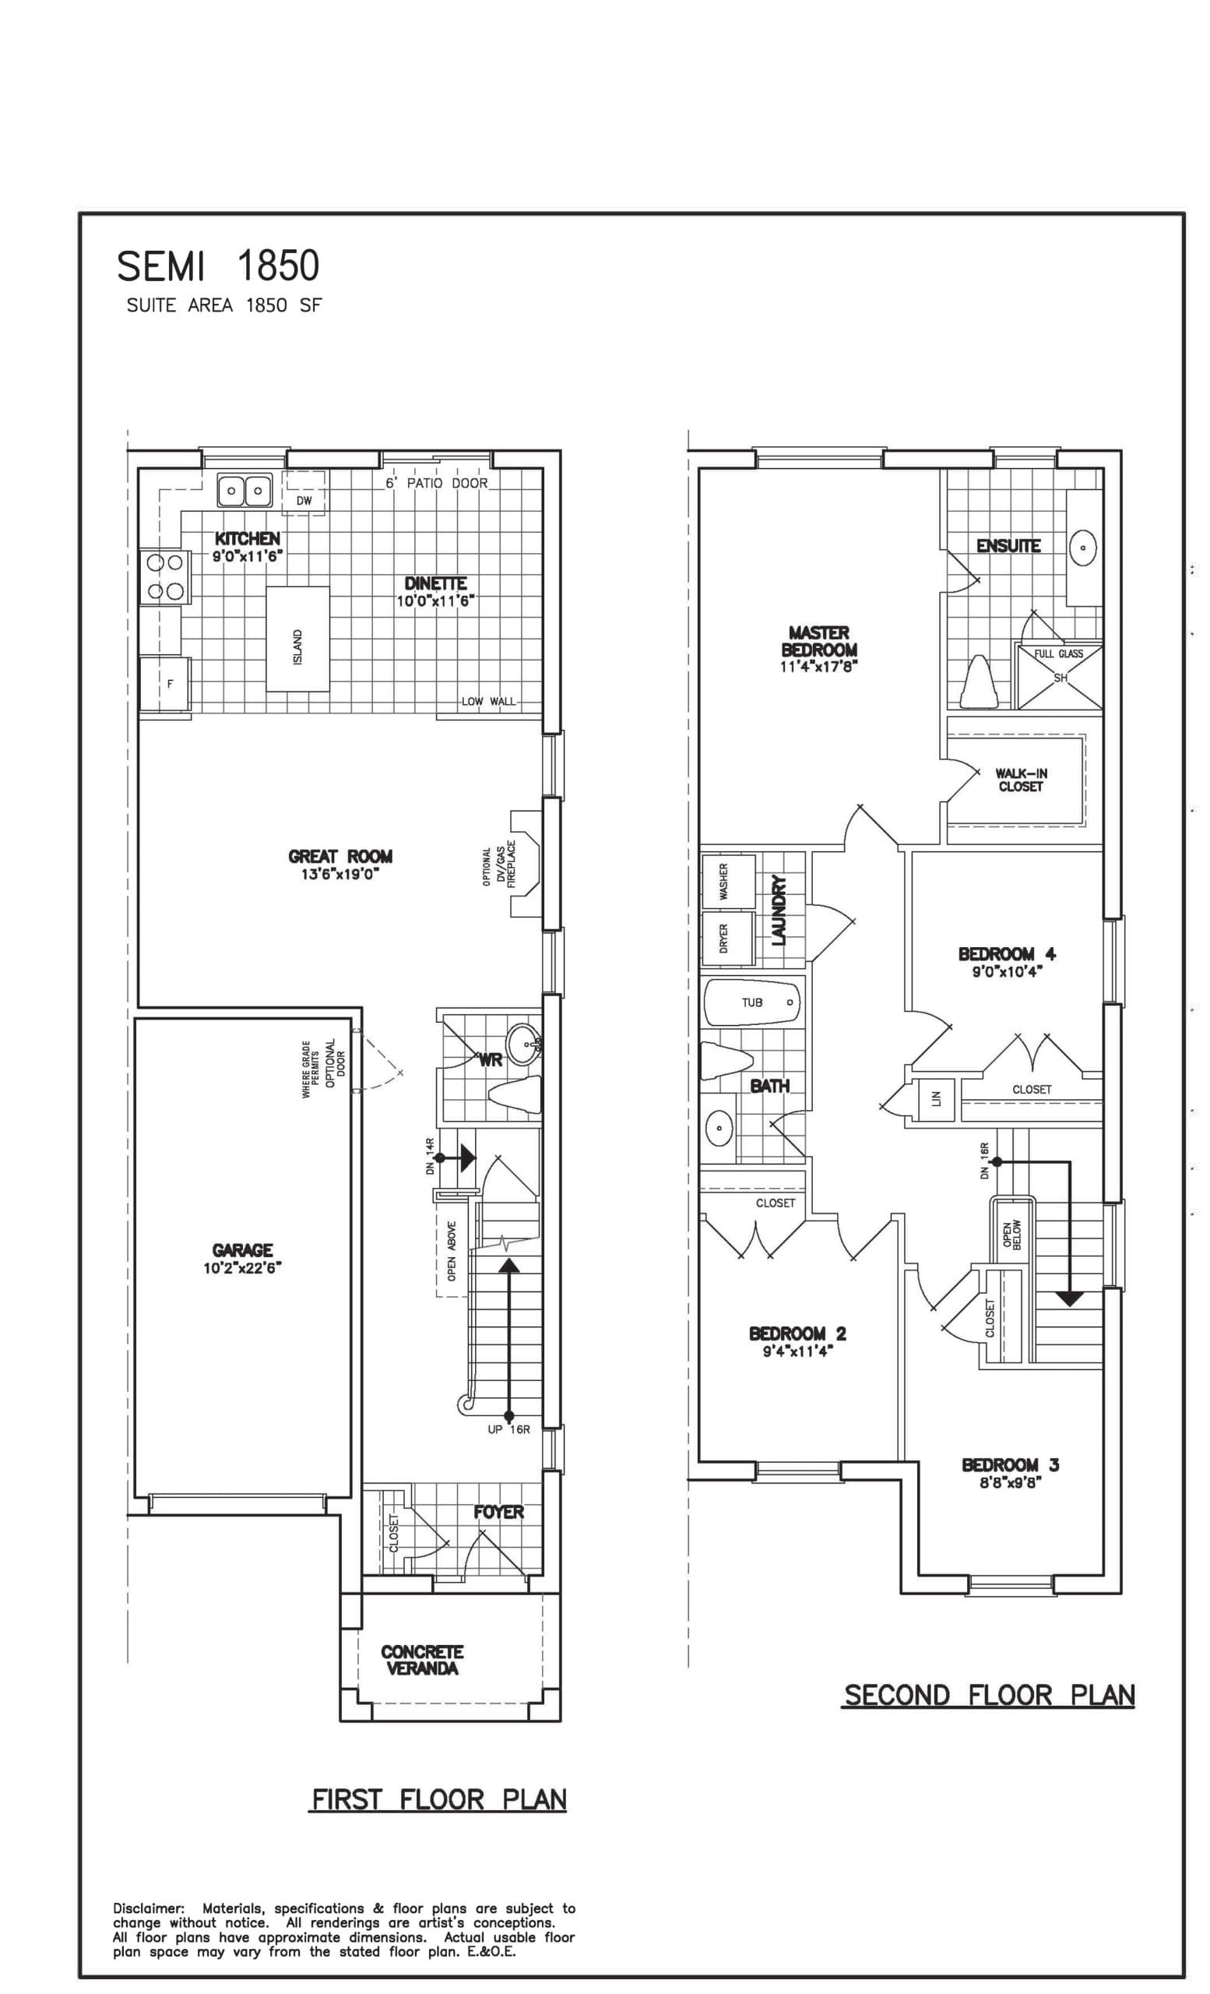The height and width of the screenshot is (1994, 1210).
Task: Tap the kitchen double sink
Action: [x=244, y=490]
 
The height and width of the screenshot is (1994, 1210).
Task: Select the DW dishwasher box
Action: [x=304, y=493]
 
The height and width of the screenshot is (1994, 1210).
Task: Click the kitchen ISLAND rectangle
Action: [x=297, y=639]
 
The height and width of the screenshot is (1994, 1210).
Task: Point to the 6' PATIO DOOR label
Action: [x=436, y=483]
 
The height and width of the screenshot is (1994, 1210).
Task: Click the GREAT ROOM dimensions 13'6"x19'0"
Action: [x=339, y=874]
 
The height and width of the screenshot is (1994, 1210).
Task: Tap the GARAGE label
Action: [x=242, y=1250]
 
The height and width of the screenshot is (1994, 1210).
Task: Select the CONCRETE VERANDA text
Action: [x=421, y=1660]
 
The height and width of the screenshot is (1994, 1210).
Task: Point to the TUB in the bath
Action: [x=751, y=1002]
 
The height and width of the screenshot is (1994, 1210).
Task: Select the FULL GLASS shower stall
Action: [x=1059, y=674]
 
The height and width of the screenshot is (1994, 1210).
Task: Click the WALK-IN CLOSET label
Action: [x=1020, y=780]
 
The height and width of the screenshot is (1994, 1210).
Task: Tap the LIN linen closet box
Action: [x=936, y=1098]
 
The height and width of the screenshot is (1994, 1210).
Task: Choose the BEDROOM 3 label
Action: [x=1009, y=1465]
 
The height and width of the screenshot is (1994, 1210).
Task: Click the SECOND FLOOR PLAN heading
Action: [x=987, y=1695]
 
